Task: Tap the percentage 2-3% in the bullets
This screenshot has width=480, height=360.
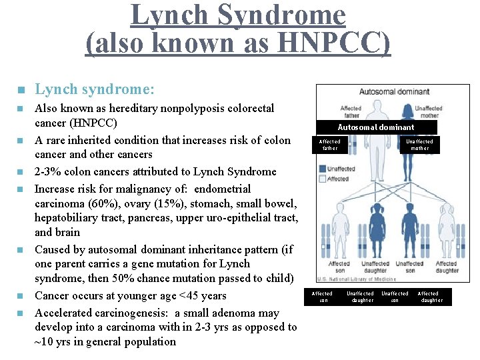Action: [48, 172]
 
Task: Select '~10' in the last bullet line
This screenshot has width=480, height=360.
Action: [45, 342]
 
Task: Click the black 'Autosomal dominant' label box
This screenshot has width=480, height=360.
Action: [376, 127]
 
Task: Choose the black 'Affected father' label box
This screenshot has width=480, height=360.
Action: [329, 145]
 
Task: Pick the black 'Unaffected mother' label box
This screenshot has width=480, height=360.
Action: [419, 145]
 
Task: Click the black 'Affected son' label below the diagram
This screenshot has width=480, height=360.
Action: [322, 297]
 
